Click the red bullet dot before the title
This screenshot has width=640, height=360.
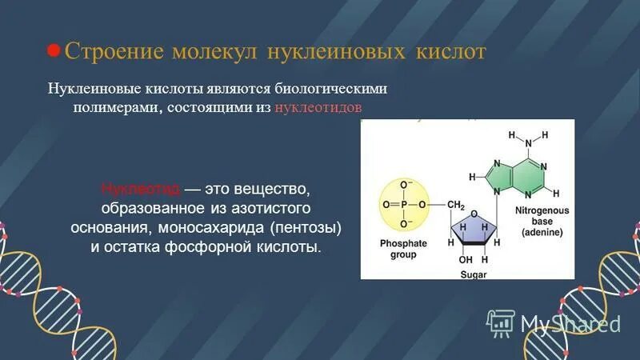click(54, 50)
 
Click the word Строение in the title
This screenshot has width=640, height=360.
click(112, 52)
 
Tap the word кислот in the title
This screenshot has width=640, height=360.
click(450, 52)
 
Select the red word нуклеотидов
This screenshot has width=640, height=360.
click(322, 108)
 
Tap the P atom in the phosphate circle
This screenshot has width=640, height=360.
click(406, 204)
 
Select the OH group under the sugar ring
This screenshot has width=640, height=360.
click(466, 259)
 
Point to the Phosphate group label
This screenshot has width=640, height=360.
click(404, 248)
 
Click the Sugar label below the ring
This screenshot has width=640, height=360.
click(474, 274)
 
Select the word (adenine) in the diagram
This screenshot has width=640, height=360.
click(542, 232)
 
